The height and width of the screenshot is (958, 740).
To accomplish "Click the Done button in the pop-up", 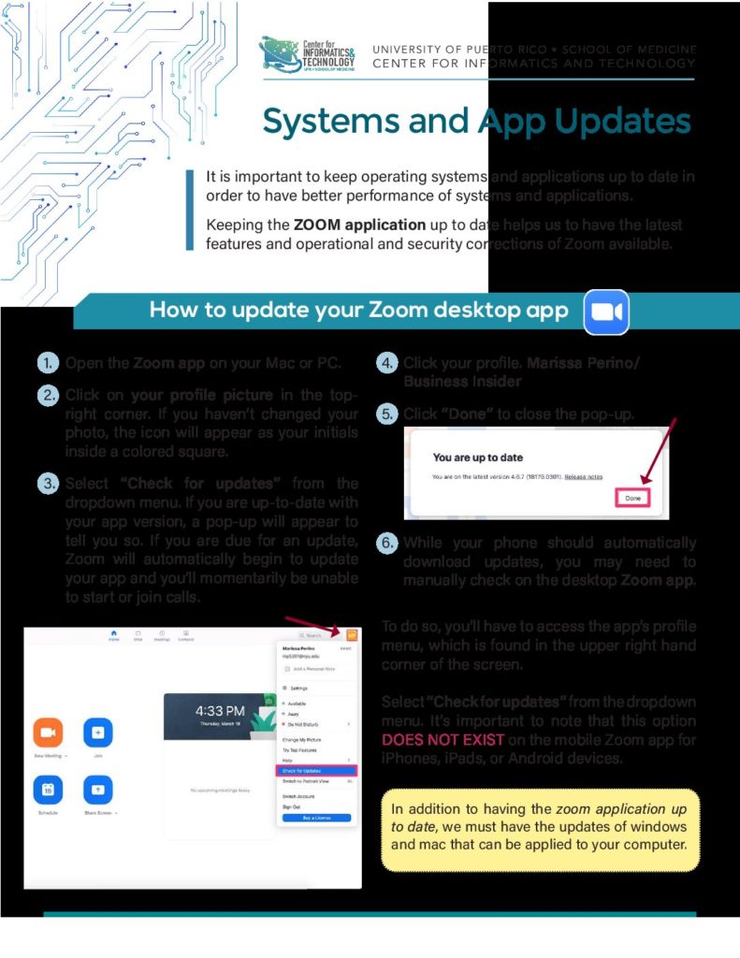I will click(x=633, y=498).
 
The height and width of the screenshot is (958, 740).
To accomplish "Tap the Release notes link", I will click(x=583, y=476).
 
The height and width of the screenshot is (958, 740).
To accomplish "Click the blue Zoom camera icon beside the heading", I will click(x=606, y=312).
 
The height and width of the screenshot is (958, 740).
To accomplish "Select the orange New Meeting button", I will click(x=48, y=733).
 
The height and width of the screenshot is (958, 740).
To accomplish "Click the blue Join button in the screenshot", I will click(x=97, y=733).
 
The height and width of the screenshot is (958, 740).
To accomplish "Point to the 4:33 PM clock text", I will click(x=221, y=711).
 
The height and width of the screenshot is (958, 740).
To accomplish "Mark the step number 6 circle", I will click(x=387, y=544).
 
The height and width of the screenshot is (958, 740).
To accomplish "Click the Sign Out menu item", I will click(x=293, y=806).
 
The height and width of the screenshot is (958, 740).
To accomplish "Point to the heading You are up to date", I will click(x=480, y=457).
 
